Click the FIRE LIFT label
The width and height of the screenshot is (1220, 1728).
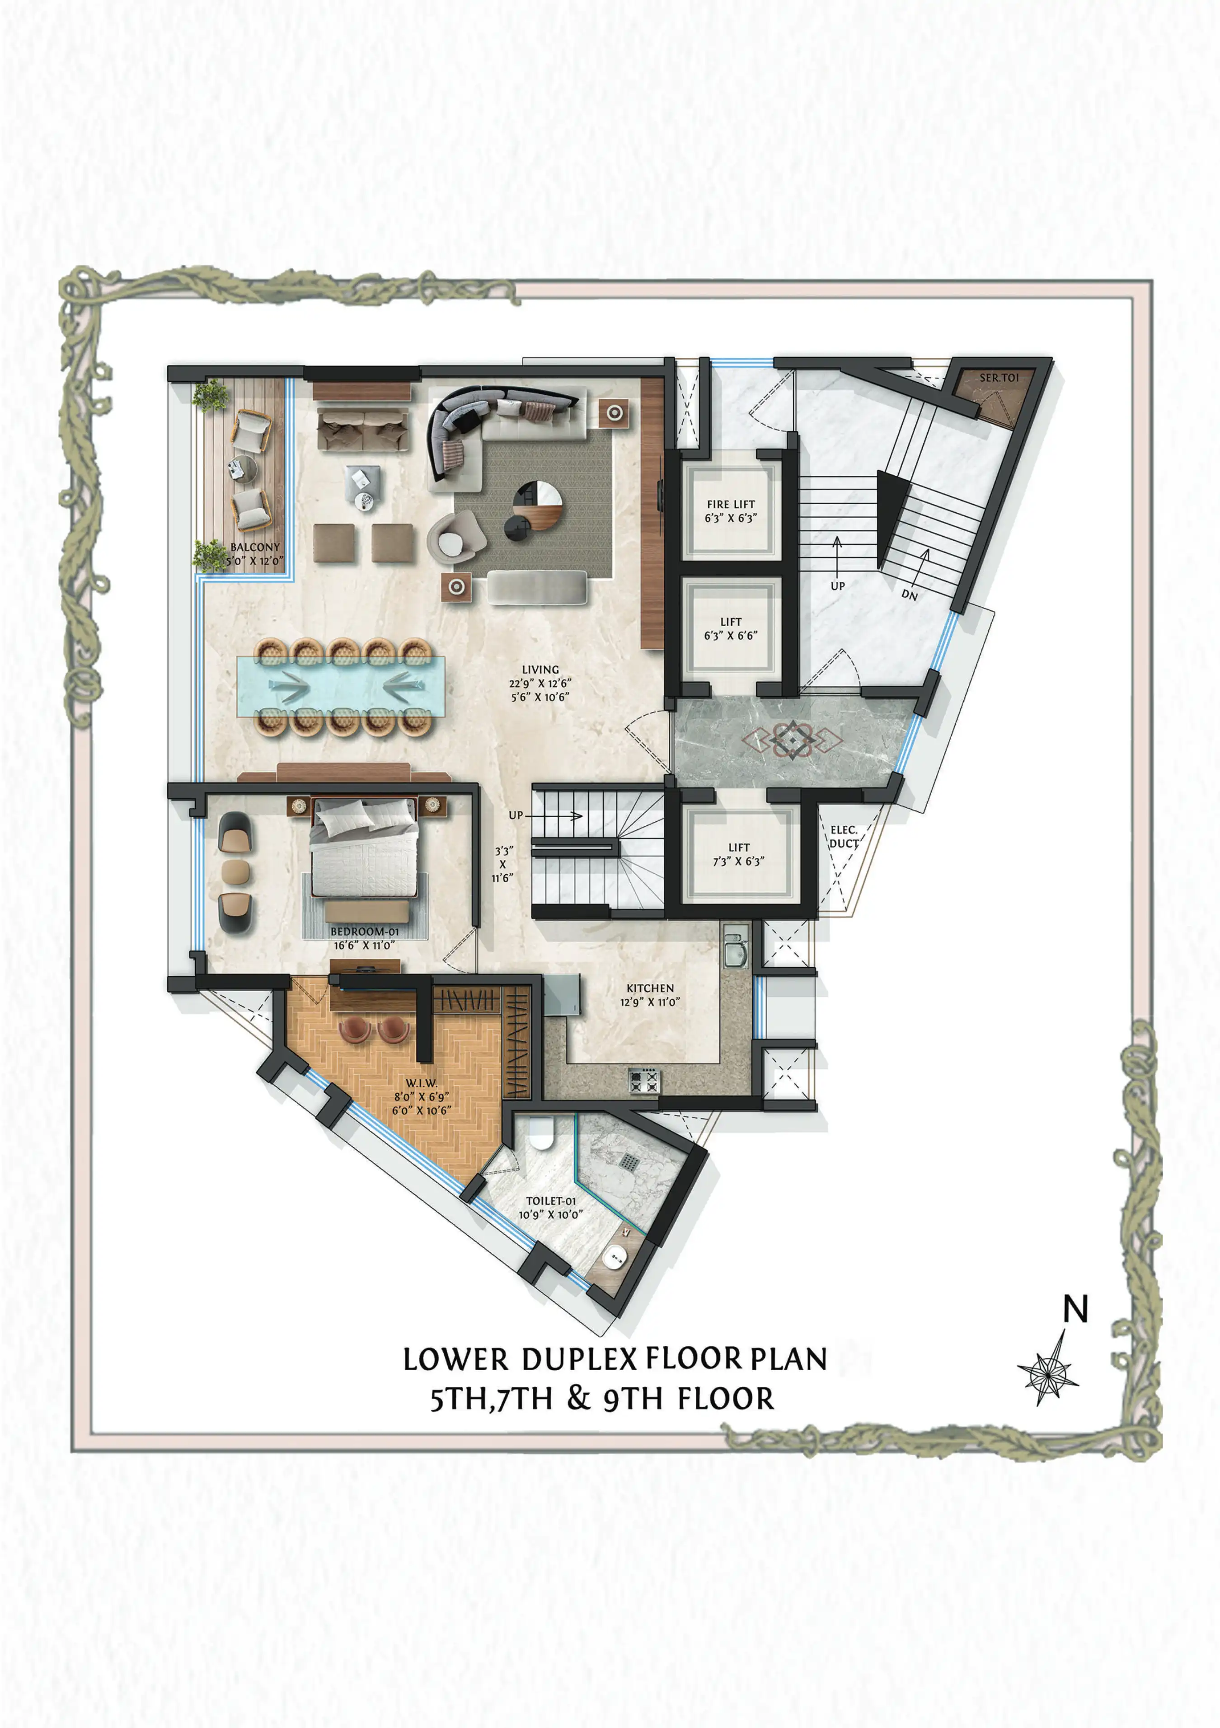(x=730, y=504)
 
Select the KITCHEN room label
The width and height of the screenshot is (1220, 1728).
(x=650, y=988)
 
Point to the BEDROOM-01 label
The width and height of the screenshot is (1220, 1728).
(x=364, y=932)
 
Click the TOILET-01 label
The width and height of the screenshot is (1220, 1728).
(x=551, y=1201)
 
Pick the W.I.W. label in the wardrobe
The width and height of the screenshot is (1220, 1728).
(x=422, y=1083)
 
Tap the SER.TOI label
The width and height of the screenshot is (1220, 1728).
(x=999, y=378)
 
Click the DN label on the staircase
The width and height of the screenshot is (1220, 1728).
(x=909, y=595)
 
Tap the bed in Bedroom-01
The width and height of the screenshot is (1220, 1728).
(x=364, y=848)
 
